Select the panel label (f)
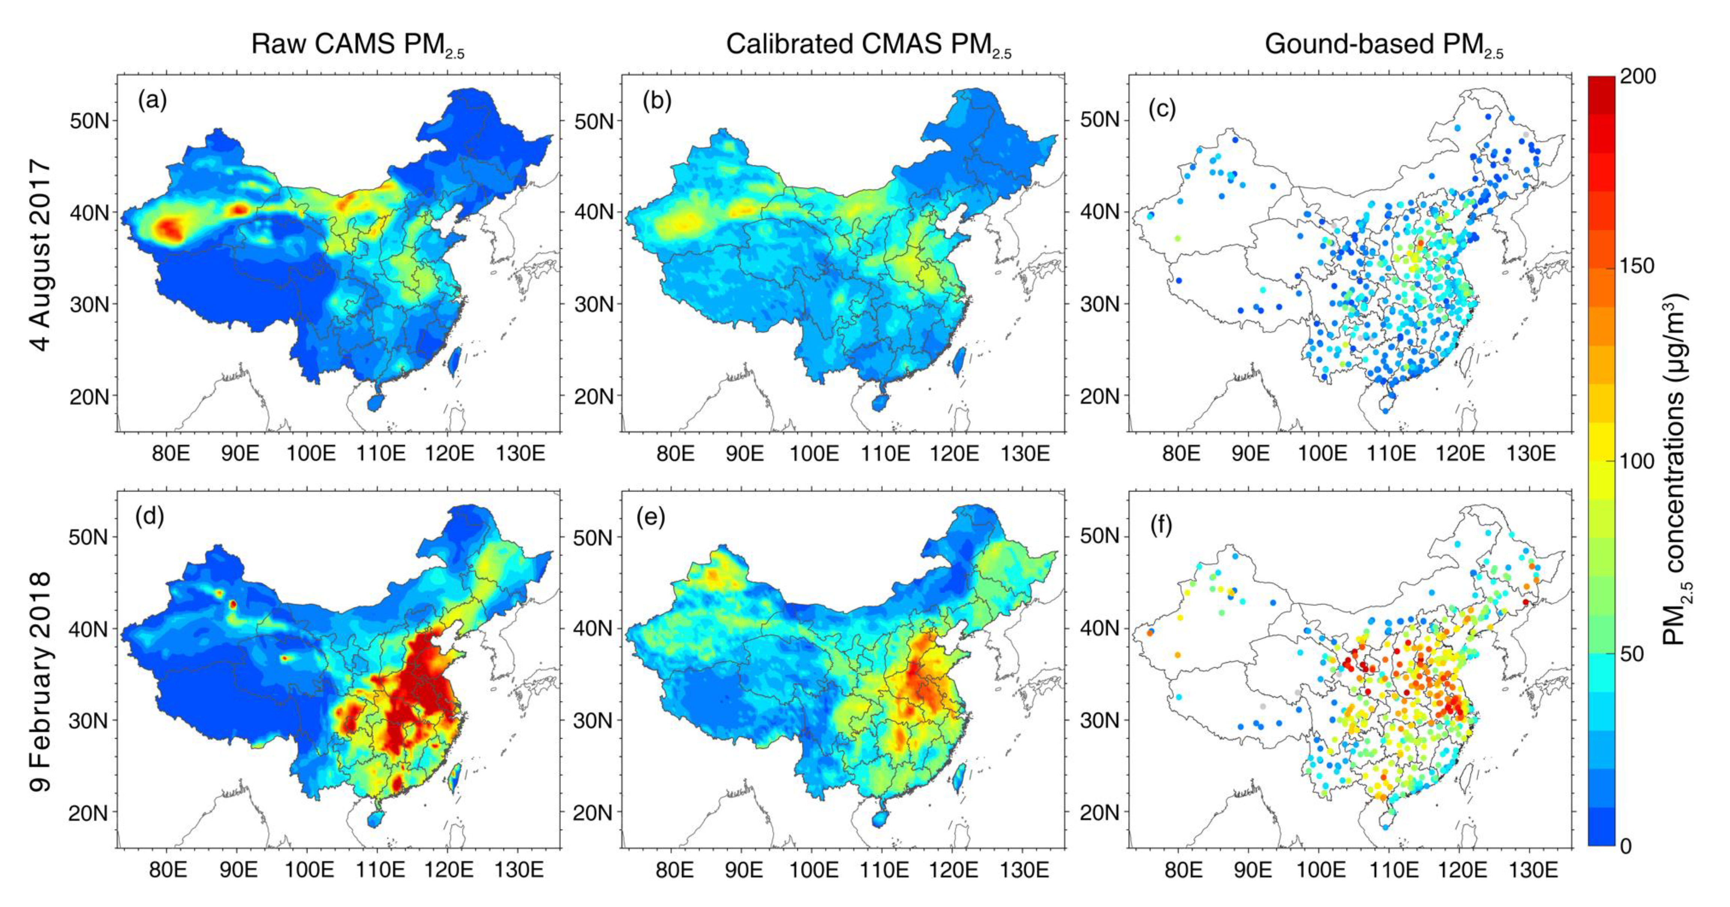[1161, 525]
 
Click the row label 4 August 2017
[40, 255]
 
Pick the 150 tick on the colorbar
[1636, 266]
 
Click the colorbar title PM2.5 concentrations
[1677, 470]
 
